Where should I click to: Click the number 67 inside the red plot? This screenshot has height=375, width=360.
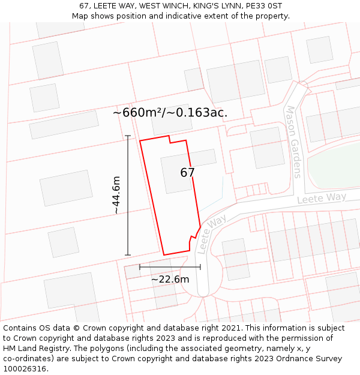click(187, 173)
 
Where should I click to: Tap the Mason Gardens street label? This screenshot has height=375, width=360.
click(293, 142)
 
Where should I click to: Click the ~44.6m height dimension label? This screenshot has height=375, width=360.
click(116, 195)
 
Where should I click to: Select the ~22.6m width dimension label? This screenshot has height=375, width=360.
click(170, 279)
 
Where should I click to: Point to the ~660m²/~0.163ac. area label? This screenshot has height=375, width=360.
click(170, 113)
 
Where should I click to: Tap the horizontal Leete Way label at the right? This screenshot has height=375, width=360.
click(322, 199)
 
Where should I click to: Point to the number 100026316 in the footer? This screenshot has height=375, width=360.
click(24, 369)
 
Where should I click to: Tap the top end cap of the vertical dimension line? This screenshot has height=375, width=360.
click(128, 136)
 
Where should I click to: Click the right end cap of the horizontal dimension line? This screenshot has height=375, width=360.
click(200, 267)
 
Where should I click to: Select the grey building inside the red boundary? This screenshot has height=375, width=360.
click(177, 174)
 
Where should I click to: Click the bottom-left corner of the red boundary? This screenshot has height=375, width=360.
click(164, 255)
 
